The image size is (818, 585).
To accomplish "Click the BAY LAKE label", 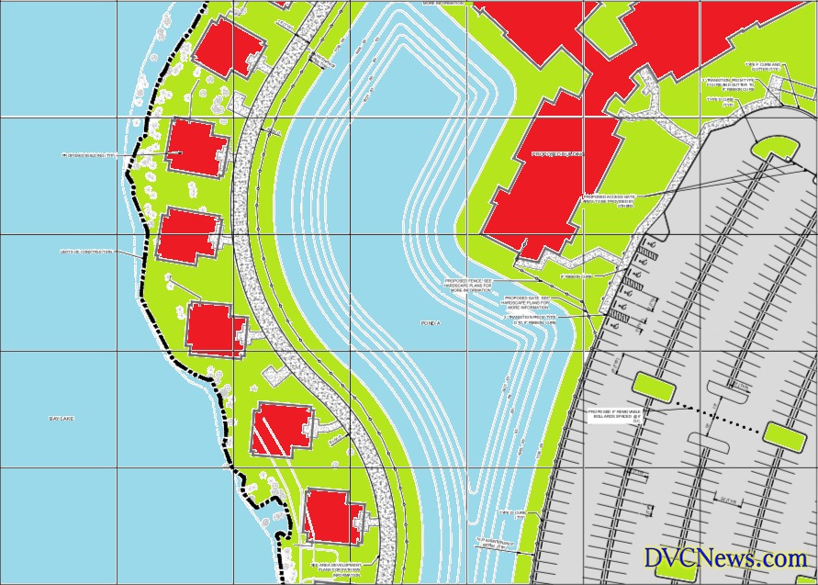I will (x=62, y=419).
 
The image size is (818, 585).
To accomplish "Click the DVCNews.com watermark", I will (x=724, y=557).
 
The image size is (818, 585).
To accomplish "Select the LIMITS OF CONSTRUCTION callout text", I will (x=86, y=251).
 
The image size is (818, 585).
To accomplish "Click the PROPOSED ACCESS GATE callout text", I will (x=609, y=200).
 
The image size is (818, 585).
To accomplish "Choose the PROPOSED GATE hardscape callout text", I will (x=525, y=303).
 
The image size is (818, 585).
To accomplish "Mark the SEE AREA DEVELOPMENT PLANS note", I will (x=337, y=569).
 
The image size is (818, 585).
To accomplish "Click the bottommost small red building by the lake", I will (x=331, y=515).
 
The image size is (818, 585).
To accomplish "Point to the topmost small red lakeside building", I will (x=228, y=44).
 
